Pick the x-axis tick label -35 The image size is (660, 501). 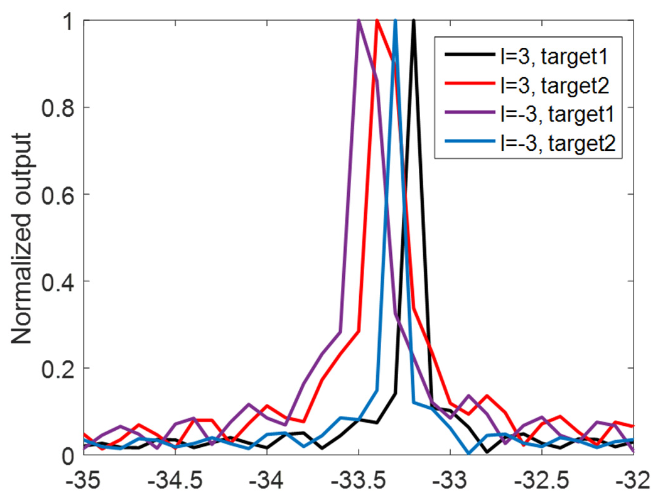tap(83, 481)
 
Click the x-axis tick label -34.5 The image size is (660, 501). tap(175, 481)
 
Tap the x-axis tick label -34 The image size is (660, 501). tap(267, 481)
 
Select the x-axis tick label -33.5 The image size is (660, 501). tap(358, 481)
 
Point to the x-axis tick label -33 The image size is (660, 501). tap(450, 481)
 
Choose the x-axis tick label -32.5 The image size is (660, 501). tap(542, 481)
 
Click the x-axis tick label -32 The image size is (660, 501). tap(632, 481)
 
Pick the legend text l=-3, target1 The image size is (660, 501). tap(557, 114)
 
